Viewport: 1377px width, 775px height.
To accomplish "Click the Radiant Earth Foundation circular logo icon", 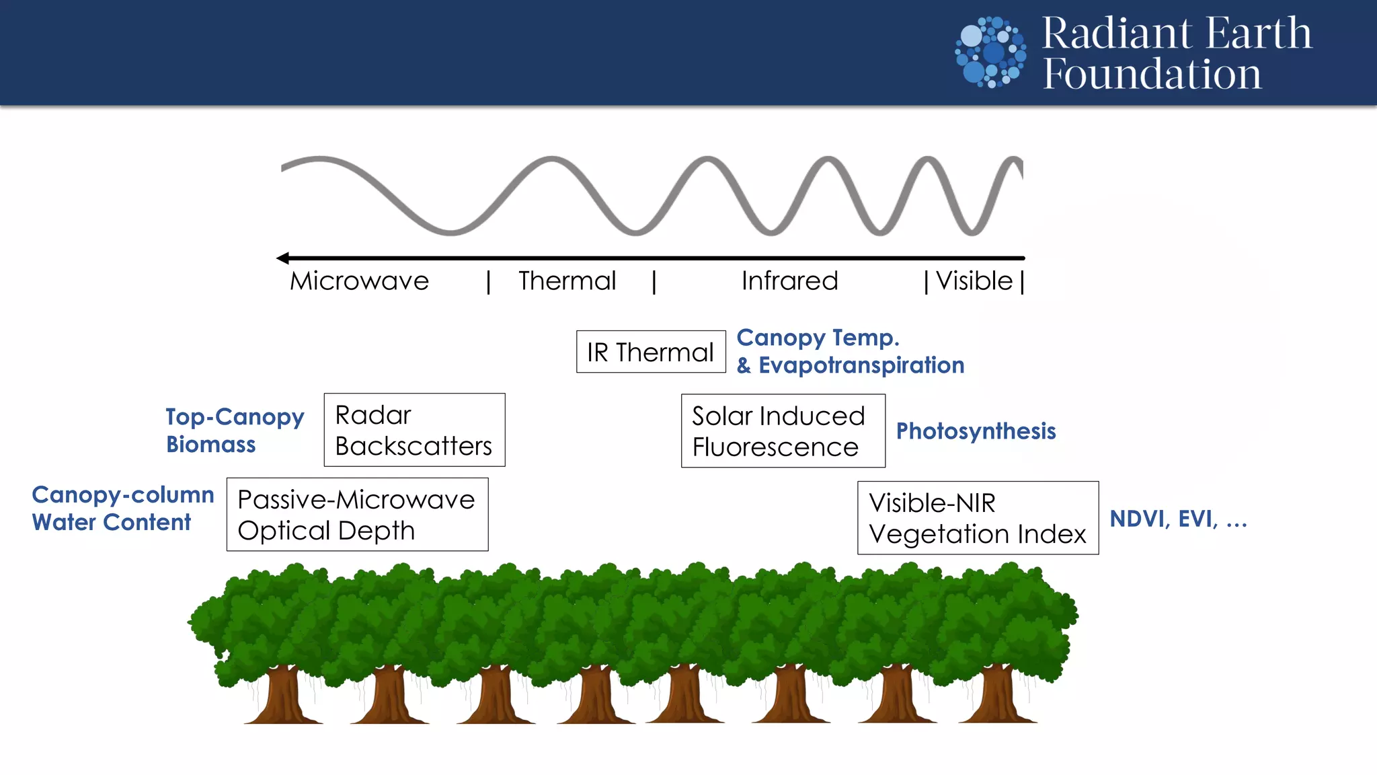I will (x=990, y=52).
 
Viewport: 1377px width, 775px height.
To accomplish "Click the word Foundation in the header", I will (x=1152, y=74).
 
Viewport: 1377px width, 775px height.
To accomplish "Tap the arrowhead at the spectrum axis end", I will (x=283, y=258).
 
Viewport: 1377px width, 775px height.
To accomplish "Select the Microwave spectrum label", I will (x=359, y=281).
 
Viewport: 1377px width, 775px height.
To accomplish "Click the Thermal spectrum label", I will (x=567, y=281).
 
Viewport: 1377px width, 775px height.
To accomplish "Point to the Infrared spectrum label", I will (x=789, y=281).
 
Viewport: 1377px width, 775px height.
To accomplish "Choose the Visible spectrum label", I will (x=974, y=281).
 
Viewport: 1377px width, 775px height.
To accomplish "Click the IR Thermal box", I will (x=650, y=352).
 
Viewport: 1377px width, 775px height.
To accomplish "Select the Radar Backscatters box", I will (x=414, y=431).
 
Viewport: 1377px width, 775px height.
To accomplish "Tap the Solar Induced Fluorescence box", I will (x=783, y=431).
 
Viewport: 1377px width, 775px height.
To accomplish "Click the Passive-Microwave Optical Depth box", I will (x=357, y=515).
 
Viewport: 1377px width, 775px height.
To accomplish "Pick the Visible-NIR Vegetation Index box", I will (x=978, y=518).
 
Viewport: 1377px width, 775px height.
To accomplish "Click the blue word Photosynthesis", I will (x=976, y=431).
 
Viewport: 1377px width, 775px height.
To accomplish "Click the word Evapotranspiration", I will (x=861, y=365).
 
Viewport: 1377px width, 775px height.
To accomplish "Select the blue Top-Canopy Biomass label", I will (x=234, y=431).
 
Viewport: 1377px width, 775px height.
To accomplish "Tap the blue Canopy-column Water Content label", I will (x=122, y=509).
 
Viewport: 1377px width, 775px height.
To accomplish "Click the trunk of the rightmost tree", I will (x=998, y=696).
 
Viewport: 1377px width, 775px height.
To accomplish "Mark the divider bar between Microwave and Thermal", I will (x=489, y=282).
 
